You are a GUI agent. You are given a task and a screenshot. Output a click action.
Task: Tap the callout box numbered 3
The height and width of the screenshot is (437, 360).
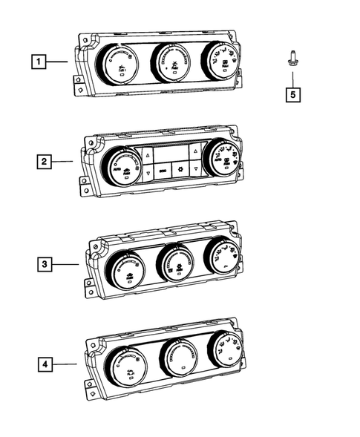[45, 263]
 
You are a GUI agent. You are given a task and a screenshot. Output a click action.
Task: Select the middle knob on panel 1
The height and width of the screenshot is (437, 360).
[171, 62]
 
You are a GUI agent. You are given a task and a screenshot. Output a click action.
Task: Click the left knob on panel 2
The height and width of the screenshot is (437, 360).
[122, 165]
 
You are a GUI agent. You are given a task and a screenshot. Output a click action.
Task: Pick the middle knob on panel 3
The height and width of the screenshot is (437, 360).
[176, 263]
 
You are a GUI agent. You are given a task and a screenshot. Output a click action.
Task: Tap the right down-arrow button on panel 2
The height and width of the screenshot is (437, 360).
[194, 170]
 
